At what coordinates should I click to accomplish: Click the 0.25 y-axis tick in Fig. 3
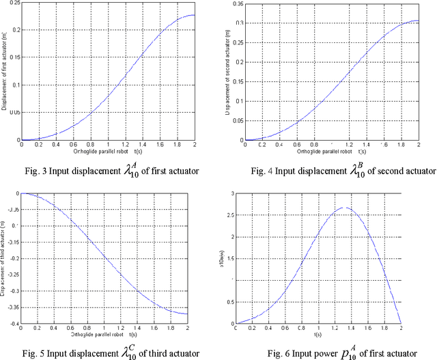(x=14, y=4)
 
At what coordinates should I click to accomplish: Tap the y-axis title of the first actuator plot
(x=5, y=71)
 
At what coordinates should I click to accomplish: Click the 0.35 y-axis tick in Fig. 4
(x=237, y=4)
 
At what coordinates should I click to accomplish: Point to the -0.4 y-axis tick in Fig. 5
(x=14, y=322)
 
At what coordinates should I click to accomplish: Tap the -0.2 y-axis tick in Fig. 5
(x=14, y=258)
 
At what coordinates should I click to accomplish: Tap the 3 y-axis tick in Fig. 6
(x=238, y=194)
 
